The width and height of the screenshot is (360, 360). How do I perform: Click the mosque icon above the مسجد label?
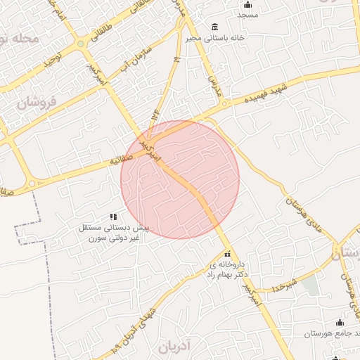(247, 5)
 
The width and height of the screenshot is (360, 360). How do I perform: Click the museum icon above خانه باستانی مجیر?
(214, 26)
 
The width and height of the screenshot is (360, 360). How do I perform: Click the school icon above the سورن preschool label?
(113, 217)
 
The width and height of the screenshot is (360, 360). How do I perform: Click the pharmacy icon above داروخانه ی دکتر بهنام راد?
(226, 255)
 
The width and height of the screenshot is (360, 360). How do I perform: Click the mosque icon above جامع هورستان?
(340, 322)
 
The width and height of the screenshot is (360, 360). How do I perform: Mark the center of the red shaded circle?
(180, 179)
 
